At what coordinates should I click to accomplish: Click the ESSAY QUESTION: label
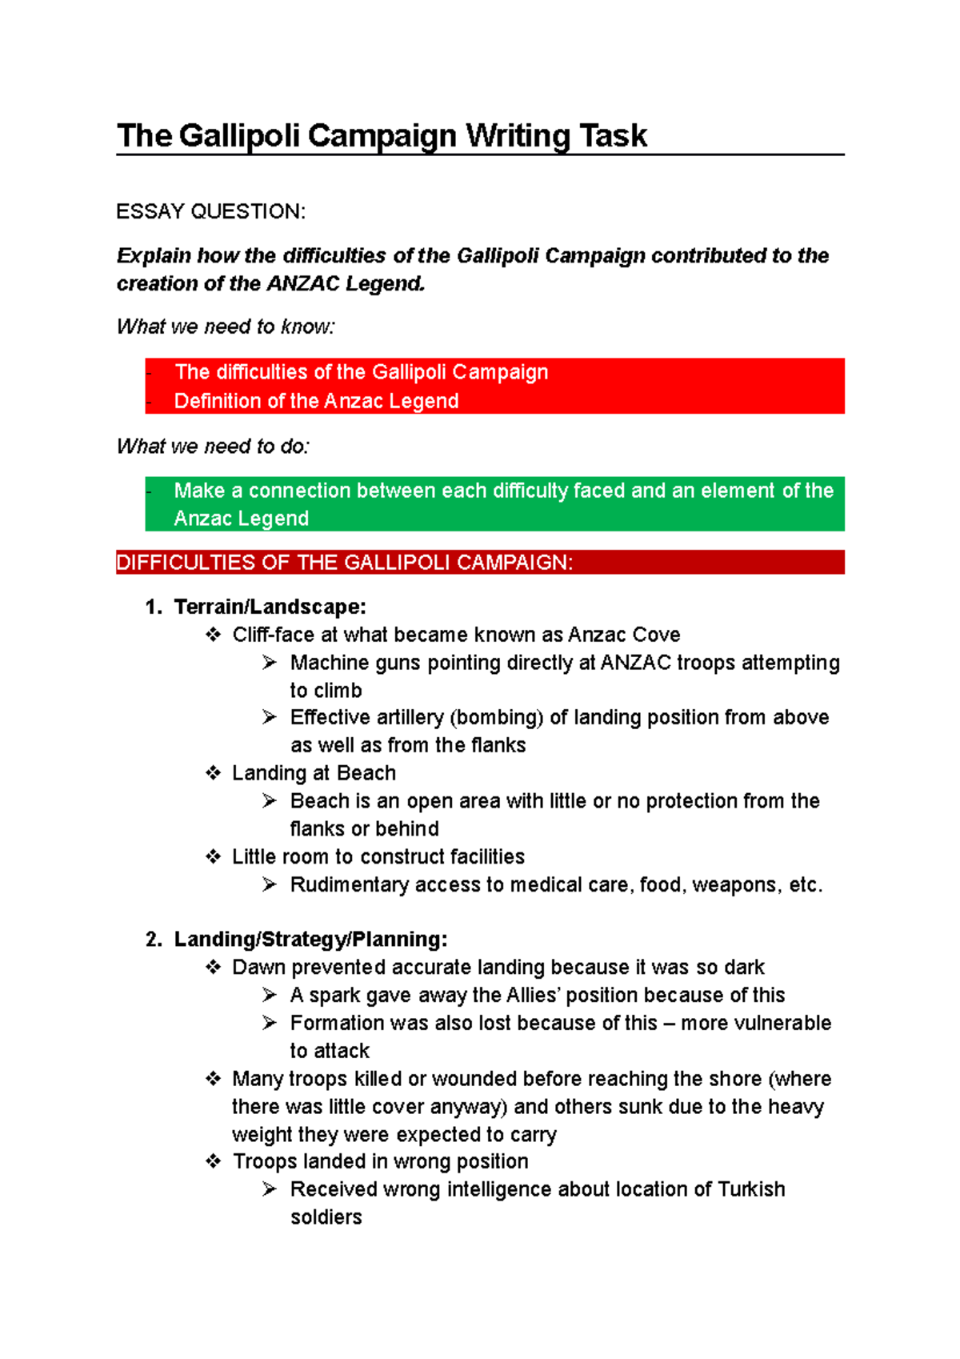210,211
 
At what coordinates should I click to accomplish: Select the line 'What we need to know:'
226,327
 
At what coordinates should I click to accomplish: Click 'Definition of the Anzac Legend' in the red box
316,401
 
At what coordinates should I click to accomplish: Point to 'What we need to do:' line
213,446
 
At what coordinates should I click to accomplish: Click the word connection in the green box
299,491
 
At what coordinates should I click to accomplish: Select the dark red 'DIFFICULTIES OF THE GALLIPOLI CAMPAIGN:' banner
480,563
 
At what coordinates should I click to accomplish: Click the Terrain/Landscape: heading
270,607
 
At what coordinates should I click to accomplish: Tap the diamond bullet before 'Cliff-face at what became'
213,635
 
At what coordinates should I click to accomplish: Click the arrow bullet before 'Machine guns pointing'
270,663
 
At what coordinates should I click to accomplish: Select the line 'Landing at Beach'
314,773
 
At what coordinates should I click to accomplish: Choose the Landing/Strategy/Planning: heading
310,939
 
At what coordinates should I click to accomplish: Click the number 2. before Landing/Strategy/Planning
154,939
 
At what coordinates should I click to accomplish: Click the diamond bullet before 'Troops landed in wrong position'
213,1161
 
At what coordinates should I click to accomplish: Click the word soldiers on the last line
326,1217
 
